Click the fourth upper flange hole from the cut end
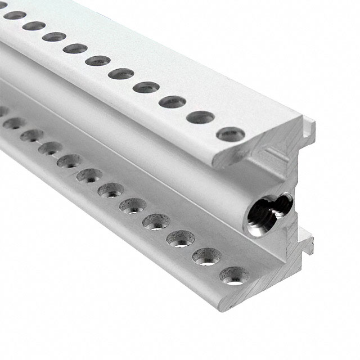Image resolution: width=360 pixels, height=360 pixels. click(147, 87)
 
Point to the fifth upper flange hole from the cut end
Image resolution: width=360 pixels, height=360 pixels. click(121, 73)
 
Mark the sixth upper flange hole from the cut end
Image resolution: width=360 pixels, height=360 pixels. click(98, 60)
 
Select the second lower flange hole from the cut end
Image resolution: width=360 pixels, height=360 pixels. click(206, 256)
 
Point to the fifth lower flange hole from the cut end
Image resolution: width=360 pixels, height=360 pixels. click(133, 204)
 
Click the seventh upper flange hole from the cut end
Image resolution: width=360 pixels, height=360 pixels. click(75, 48)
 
